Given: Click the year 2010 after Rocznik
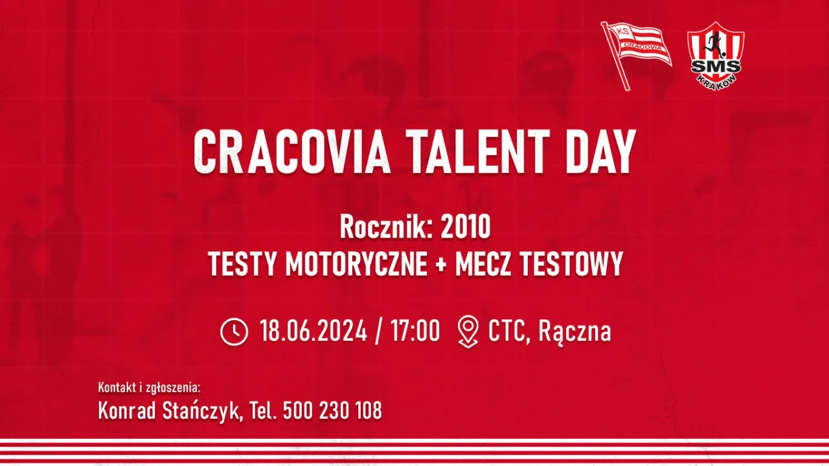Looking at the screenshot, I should coord(465,227).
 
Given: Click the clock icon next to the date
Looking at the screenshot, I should coord(234,332).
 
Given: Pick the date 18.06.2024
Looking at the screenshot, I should coord(313,331).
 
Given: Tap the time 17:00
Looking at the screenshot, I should coord(415,331).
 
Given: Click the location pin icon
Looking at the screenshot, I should coord(468,332).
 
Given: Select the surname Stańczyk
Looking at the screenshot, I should coord(200,410).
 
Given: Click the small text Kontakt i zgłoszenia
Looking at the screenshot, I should coord(149,388).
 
